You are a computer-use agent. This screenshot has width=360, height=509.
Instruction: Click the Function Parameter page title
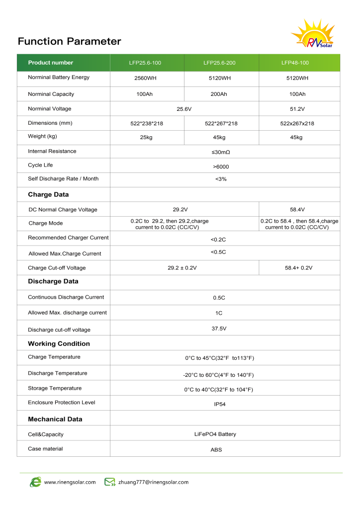pyautogui.click(x=69, y=41)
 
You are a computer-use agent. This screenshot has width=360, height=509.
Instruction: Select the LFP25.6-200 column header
pyautogui.click(x=219, y=63)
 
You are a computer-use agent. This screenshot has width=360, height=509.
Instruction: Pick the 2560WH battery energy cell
pyautogui.click(x=147, y=79)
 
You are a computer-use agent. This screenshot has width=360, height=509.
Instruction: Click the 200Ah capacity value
pyautogui.click(x=219, y=94)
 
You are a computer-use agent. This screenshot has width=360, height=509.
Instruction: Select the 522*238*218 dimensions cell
pyautogui.click(x=147, y=123)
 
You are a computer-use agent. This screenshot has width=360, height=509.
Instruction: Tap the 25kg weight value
pyautogui.click(x=147, y=137)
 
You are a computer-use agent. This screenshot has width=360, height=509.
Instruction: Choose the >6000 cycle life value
pyautogui.click(x=221, y=167)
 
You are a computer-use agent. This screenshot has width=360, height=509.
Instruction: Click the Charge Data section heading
pyautogui.click(x=48, y=194)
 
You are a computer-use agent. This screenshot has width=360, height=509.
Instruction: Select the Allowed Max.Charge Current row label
pyautogui.click(x=65, y=254)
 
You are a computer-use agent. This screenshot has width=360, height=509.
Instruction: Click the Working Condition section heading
pyautogui.click(x=59, y=343)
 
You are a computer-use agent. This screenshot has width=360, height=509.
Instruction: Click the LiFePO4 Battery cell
pyautogui.click(x=215, y=434)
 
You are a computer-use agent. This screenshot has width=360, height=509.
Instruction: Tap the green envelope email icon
pyautogui.click(x=109, y=482)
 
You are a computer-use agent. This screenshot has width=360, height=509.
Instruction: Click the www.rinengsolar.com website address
pyautogui.click(x=70, y=482)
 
